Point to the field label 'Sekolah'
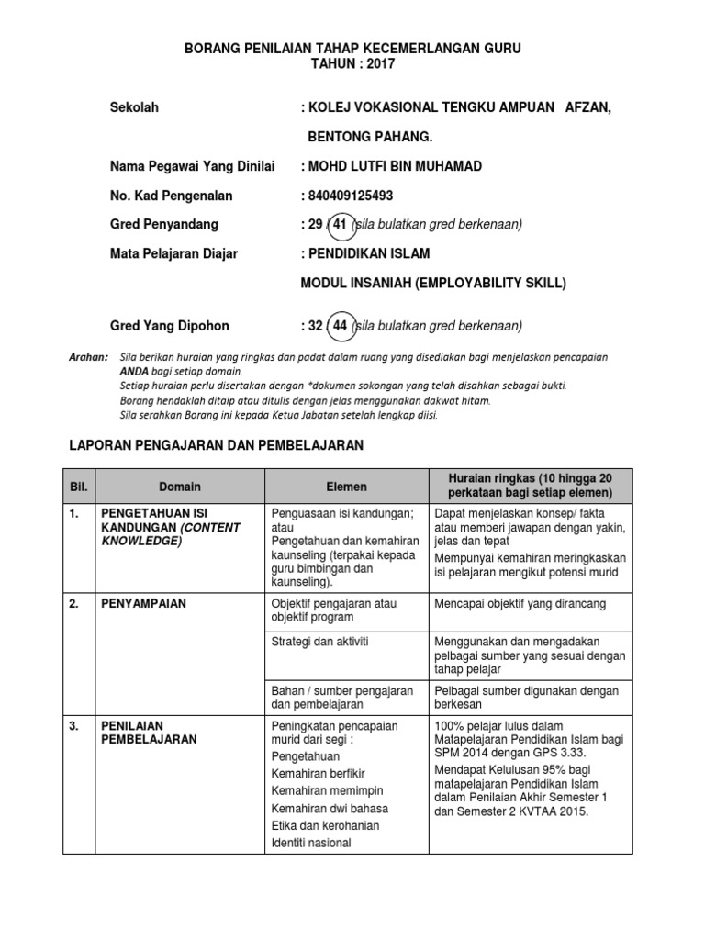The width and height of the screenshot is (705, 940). click(x=134, y=107)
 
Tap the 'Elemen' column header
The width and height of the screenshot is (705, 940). click(x=346, y=487)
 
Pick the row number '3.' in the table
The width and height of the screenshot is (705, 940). click(x=74, y=725)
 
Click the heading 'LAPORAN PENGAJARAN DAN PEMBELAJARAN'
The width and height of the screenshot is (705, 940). click(x=218, y=445)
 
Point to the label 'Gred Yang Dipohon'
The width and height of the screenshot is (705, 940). click(x=170, y=326)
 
